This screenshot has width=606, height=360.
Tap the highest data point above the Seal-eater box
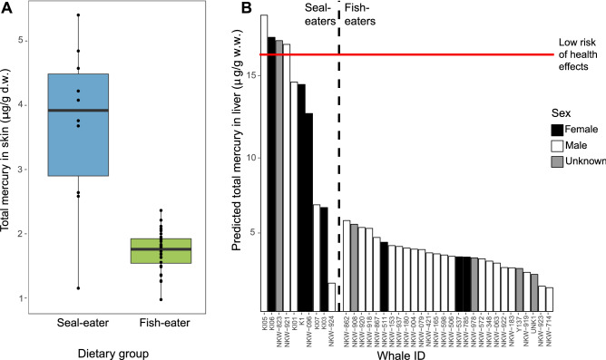pos(78,15)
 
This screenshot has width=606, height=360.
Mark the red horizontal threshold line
pos(408,54)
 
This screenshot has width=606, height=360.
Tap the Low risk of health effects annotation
pos(580,54)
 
